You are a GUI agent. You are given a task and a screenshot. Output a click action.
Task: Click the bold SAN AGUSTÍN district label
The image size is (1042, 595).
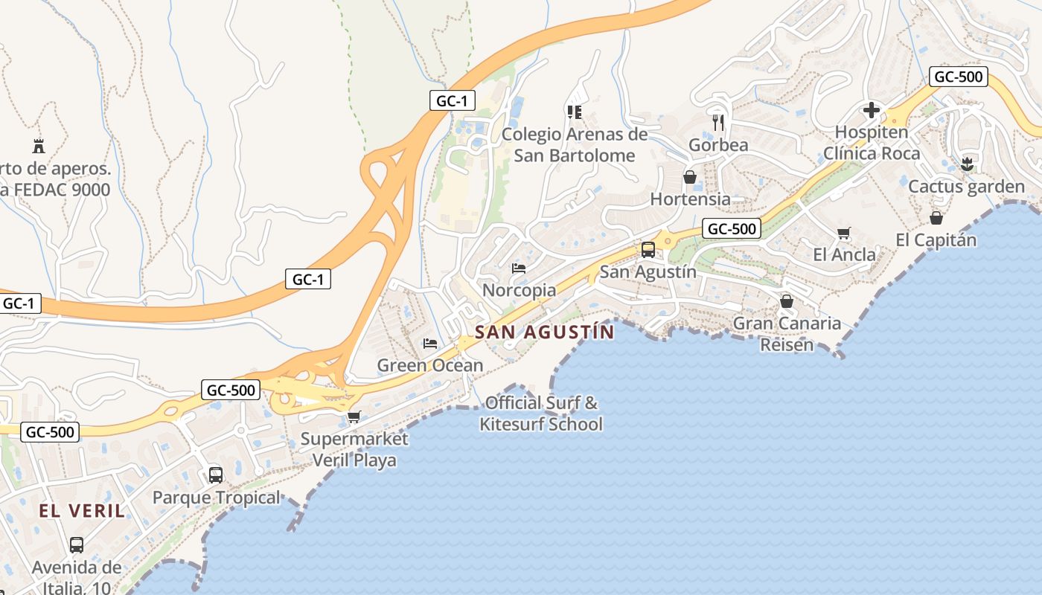click(x=545, y=332)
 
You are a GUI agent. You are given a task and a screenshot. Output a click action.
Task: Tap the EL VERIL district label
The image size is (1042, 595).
click(x=82, y=511)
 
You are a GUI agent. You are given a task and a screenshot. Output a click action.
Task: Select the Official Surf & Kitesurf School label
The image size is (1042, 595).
click(x=541, y=414)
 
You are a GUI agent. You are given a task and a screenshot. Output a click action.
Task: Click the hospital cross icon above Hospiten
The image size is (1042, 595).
click(x=872, y=111)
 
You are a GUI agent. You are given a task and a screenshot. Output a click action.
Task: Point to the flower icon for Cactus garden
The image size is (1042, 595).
click(x=967, y=164)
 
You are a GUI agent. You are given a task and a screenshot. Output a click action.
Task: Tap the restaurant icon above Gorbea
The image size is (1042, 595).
click(x=718, y=122)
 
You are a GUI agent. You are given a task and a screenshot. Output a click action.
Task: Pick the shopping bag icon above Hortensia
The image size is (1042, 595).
click(x=690, y=177)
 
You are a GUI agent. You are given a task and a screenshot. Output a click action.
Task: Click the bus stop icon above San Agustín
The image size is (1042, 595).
click(x=648, y=250)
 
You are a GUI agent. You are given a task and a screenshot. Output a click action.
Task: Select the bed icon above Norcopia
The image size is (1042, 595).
click(x=519, y=268)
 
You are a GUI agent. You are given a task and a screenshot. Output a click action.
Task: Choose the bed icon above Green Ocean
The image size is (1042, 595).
click(x=430, y=343)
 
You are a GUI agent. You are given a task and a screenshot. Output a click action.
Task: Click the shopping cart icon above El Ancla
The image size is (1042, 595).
click(x=843, y=234)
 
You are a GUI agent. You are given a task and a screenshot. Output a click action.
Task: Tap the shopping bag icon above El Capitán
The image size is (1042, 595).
click(x=936, y=218)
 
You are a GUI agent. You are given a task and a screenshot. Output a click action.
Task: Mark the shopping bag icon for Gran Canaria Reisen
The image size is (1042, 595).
click(x=787, y=301)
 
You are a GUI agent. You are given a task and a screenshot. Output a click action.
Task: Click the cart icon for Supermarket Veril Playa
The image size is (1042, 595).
click(x=354, y=416)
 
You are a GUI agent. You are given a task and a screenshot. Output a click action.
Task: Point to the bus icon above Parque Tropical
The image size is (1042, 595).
click(x=216, y=475)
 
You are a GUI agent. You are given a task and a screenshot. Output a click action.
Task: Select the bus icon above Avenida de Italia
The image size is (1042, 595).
click(x=77, y=545)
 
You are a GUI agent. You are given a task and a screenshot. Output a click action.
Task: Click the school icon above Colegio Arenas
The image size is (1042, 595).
click(x=574, y=112)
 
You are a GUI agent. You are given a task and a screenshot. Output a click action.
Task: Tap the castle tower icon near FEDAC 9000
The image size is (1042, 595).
click(x=39, y=146)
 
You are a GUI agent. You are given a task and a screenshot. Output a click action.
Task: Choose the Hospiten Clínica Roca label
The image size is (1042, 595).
click(x=872, y=143)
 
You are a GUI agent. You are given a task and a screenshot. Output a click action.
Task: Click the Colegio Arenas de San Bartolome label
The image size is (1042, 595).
click(x=575, y=145)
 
